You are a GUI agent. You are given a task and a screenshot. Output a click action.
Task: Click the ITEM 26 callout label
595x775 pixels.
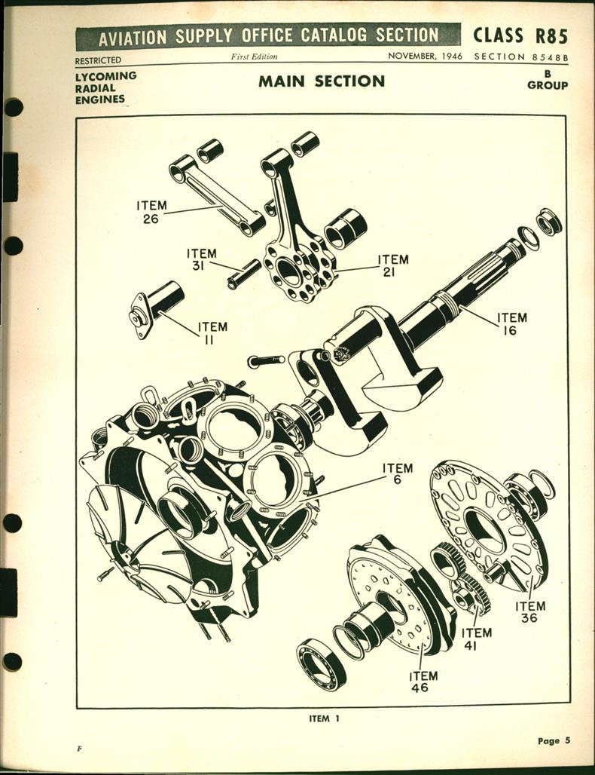tap(152, 212)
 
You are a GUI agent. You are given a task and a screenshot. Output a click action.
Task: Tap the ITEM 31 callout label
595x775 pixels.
tap(201, 260)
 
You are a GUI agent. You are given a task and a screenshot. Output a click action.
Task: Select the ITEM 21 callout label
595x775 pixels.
tap(392, 265)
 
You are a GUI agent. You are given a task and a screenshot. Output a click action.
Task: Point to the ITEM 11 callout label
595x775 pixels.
tap(212, 333)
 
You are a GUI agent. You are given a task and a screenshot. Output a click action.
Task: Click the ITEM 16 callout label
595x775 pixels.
tap(511, 323)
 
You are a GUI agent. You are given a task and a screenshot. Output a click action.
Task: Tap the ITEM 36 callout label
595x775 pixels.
tap(530, 611)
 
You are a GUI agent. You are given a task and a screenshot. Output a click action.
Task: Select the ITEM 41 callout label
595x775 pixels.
tap(476, 639)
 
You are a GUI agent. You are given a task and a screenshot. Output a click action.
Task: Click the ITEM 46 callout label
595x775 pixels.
tap(423, 682)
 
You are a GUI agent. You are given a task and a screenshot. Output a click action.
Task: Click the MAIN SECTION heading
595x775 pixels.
tap(322, 81)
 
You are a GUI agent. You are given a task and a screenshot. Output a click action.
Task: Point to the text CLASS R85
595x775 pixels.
tap(520, 35)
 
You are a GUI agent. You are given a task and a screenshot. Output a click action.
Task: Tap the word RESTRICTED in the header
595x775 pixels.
tap(98, 60)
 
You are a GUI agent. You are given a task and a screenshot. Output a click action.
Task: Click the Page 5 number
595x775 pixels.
tap(554, 740)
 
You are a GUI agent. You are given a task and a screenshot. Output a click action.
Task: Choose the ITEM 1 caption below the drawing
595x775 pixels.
tap(324, 718)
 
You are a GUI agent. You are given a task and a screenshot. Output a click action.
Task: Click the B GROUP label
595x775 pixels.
tap(547, 80)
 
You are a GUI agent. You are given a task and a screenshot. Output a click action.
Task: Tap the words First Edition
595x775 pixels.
tap(254, 57)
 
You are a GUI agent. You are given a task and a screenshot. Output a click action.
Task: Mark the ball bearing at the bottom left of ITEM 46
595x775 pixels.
tap(321, 663)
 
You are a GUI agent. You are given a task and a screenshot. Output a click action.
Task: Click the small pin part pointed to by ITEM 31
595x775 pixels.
tap(244, 274)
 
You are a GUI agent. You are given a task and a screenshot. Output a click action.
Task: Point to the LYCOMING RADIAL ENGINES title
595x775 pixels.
tap(105, 87)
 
